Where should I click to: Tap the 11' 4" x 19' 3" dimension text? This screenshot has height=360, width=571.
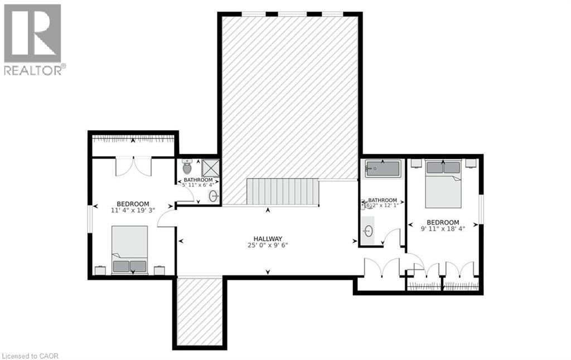[133, 211]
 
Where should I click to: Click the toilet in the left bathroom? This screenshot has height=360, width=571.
[187, 167]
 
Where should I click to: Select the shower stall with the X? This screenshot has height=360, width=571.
[210, 168]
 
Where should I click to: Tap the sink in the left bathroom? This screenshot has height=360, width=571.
[213, 196]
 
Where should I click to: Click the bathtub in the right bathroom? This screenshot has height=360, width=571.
[384, 169]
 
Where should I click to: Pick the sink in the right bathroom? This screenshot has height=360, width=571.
[367, 231]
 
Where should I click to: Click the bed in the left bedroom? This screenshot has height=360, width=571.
[129, 250]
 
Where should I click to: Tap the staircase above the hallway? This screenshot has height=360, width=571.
[282, 192]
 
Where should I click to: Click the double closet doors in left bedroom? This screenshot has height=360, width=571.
[133, 167]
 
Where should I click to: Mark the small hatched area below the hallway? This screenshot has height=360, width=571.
[200, 311]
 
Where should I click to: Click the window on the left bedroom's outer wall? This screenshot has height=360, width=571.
[90, 218]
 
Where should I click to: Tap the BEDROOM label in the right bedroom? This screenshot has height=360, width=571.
[443, 222]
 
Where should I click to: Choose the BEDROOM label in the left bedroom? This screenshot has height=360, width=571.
[133, 203]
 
